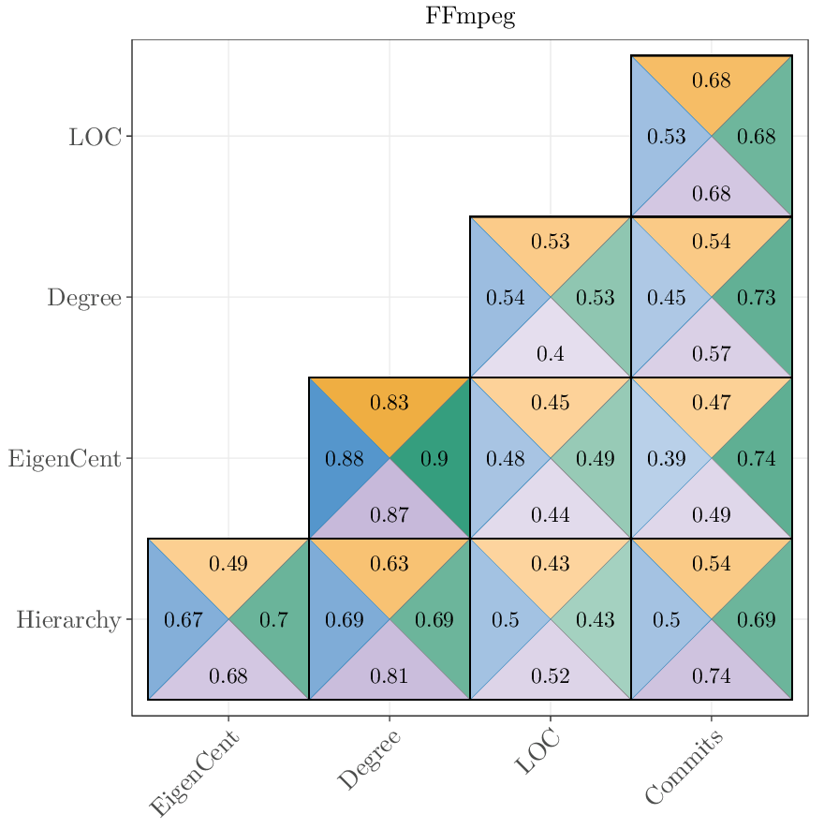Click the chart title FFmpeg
(470, 17)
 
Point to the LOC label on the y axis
(95, 137)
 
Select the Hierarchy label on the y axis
(68, 620)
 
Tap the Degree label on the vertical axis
(84, 298)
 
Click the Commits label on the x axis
(684, 768)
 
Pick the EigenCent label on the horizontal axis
(195, 774)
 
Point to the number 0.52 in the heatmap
(550, 676)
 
